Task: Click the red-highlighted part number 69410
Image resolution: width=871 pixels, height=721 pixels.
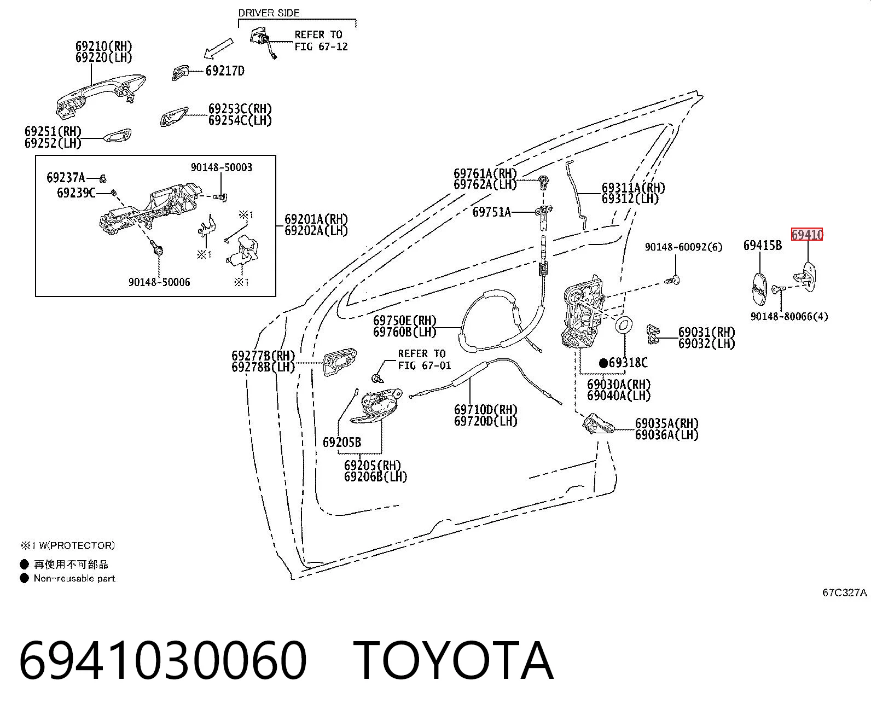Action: pyautogui.click(x=807, y=235)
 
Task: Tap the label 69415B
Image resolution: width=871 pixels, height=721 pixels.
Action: pyautogui.click(x=762, y=245)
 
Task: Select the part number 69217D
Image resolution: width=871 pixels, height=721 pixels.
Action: pyautogui.click(x=225, y=71)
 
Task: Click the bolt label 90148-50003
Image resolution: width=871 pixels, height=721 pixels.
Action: pyautogui.click(x=222, y=167)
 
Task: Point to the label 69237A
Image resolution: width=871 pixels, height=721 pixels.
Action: pyautogui.click(x=66, y=178)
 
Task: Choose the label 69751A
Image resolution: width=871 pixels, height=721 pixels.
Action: pyautogui.click(x=491, y=212)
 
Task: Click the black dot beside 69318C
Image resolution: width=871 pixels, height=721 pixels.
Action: pyautogui.click(x=603, y=363)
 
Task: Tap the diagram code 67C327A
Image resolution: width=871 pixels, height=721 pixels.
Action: pyautogui.click(x=844, y=592)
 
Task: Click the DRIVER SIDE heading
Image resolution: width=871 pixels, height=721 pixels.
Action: pyautogui.click(x=269, y=13)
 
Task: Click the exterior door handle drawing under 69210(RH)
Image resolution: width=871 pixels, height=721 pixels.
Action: pyautogui.click(x=101, y=96)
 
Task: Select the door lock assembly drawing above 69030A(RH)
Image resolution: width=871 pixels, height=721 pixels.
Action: pyautogui.click(x=582, y=312)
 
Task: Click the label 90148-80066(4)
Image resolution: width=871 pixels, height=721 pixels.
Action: pyautogui.click(x=789, y=316)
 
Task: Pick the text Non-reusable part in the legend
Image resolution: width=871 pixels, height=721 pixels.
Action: pyautogui.click(x=74, y=578)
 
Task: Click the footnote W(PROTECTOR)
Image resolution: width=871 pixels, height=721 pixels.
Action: pyautogui.click(x=77, y=545)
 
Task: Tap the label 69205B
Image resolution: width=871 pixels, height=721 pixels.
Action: pyautogui.click(x=341, y=442)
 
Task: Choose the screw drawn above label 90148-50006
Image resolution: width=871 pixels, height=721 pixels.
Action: pyautogui.click(x=158, y=249)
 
